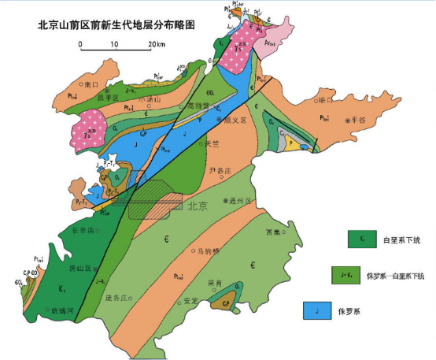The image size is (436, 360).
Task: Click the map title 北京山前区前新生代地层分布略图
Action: pyautogui.click(x=116, y=25)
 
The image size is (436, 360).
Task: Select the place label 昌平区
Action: pyautogui.click(x=106, y=99)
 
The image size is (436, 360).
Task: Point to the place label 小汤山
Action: pyautogui.click(x=147, y=100)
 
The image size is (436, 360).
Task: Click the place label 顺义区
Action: pyautogui.click(x=238, y=121)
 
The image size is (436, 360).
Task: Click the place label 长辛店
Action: pyautogui.click(x=82, y=231)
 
